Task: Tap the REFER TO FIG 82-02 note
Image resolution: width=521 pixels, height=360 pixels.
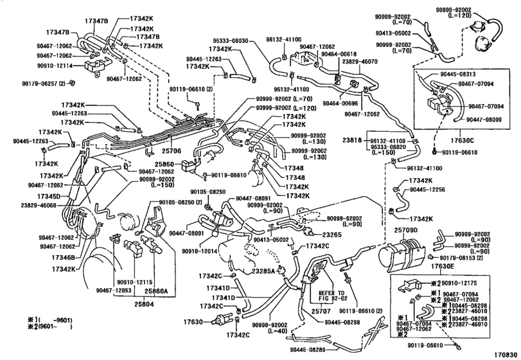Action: pyautogui.click(x=333, y=295)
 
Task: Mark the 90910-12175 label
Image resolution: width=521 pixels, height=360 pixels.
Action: pyautogui.click(x=461, y=282)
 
